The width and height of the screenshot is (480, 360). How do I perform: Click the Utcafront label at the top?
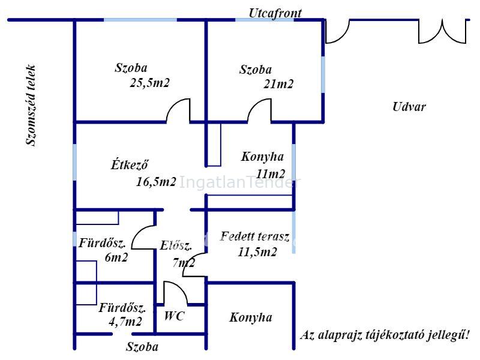pos(275,13)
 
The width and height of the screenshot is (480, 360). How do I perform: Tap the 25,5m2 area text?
pos(149,83)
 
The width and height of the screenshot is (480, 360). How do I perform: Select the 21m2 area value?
pos(278,84)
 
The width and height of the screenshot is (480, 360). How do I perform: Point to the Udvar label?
pos(409,107)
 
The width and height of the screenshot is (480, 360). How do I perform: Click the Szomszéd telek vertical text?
pos(31,106)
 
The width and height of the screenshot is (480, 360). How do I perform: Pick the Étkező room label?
pos(130,164)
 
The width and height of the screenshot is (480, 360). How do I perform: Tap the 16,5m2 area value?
pos(156,182)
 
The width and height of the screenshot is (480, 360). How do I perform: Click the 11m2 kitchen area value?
pos(271,174)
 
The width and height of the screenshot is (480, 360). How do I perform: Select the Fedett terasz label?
pos(254,236)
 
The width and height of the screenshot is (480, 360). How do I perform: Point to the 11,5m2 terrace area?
pos(257,252)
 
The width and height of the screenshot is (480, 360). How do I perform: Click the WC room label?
pos(174,316)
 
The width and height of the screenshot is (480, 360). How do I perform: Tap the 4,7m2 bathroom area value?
pos(125,322)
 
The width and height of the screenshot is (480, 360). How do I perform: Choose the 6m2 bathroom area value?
pos(116,257)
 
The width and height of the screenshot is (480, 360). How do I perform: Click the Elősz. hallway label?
pos(176,245)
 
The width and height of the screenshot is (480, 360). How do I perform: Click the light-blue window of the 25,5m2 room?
pos(140,20)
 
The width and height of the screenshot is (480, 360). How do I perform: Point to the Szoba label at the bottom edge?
pos(142,347)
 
